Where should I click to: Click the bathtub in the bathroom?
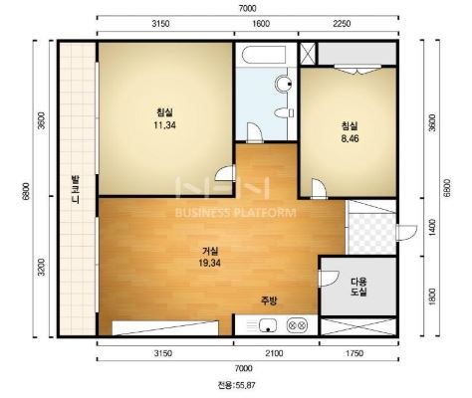pos(264,55)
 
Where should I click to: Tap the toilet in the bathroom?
pos(284,113)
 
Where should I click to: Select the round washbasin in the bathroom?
pos(283,84)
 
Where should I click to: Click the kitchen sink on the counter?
pos(268,325)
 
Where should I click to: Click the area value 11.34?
pos(164,125)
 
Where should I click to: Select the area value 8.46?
pos(350,138)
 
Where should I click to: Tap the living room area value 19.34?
pos(210,263)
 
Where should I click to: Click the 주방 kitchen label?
pos(269,300)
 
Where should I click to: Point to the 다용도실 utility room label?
pos(358,288)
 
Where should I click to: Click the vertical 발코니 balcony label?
pos(76,189)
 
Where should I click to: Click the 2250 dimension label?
pos(342,24)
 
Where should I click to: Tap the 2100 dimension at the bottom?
pos(274,353)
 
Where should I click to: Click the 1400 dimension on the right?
pos(432,227)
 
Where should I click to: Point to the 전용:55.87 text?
pos(237,385)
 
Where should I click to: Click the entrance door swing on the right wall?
pos(406,232)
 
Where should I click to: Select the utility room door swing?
pos(329,279)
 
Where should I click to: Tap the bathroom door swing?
pos(255,132)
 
